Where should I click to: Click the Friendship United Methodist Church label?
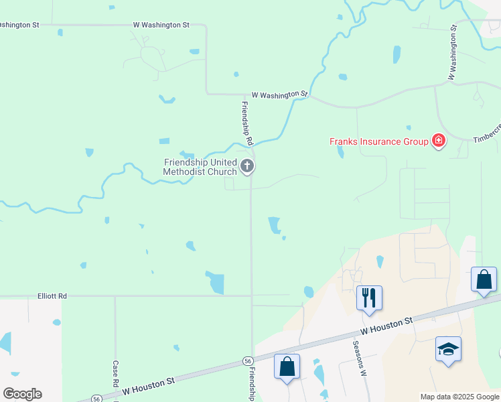[x=200, y=167]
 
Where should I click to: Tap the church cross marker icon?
[x=247, y=166]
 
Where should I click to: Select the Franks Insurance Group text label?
[x=378, y=141]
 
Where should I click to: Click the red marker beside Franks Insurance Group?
[x=439, y=141]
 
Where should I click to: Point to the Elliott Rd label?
[x=52, y=295]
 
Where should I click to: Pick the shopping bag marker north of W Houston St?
[x=484, y=279]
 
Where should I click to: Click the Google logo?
[x=22, y=393]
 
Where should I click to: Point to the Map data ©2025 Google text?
[x=459, y=397]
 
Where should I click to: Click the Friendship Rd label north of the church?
[x=246, y=123]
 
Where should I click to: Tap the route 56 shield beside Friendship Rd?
[x=248, y=361]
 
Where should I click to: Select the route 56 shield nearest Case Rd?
[x=97, y=398]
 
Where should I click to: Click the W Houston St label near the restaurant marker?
[x=386, y=326]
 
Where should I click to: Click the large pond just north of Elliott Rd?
[x=216, y=283]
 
